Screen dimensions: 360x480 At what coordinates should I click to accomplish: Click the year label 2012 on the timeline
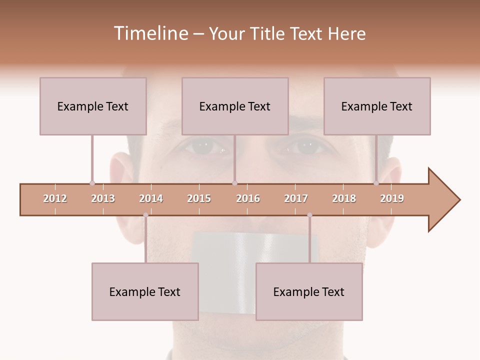click(x=55, y=198)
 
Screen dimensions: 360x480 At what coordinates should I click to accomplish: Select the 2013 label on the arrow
click(x=103, y=198)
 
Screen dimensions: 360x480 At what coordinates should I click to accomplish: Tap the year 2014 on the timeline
click(x=151, y=198)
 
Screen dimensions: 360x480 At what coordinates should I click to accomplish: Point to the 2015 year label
click(x=199, y=198)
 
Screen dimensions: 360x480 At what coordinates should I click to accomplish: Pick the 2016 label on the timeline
click(x=248, y=198)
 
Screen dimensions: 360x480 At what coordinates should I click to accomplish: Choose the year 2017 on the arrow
click(x=296, y=198)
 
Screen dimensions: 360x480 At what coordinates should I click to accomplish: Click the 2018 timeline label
click(x=344, y=198)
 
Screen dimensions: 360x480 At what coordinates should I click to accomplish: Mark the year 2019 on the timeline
click(x=392, y=198)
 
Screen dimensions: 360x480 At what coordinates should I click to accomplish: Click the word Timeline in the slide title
click(x=150, y=33)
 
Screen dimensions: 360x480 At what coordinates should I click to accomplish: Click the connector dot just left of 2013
click(x=92, y=183)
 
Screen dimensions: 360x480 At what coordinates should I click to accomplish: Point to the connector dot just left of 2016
click(x=234, y=183)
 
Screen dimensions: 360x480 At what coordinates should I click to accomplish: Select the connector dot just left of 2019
click(x=376, y=183)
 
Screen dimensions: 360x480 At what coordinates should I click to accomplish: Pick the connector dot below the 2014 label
click(x=145, y=215)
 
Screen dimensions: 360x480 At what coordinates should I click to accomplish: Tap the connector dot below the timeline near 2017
click(x=309, y=215)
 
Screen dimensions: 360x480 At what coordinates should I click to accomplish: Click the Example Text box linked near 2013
click(x=93, y=106)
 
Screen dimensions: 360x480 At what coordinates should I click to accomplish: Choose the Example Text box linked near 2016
click(x=235, y=106)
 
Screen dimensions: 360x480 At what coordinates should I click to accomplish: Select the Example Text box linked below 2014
click(x=145, y=291)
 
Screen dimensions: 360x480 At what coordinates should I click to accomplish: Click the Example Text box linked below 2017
click(x=309, y=291)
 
